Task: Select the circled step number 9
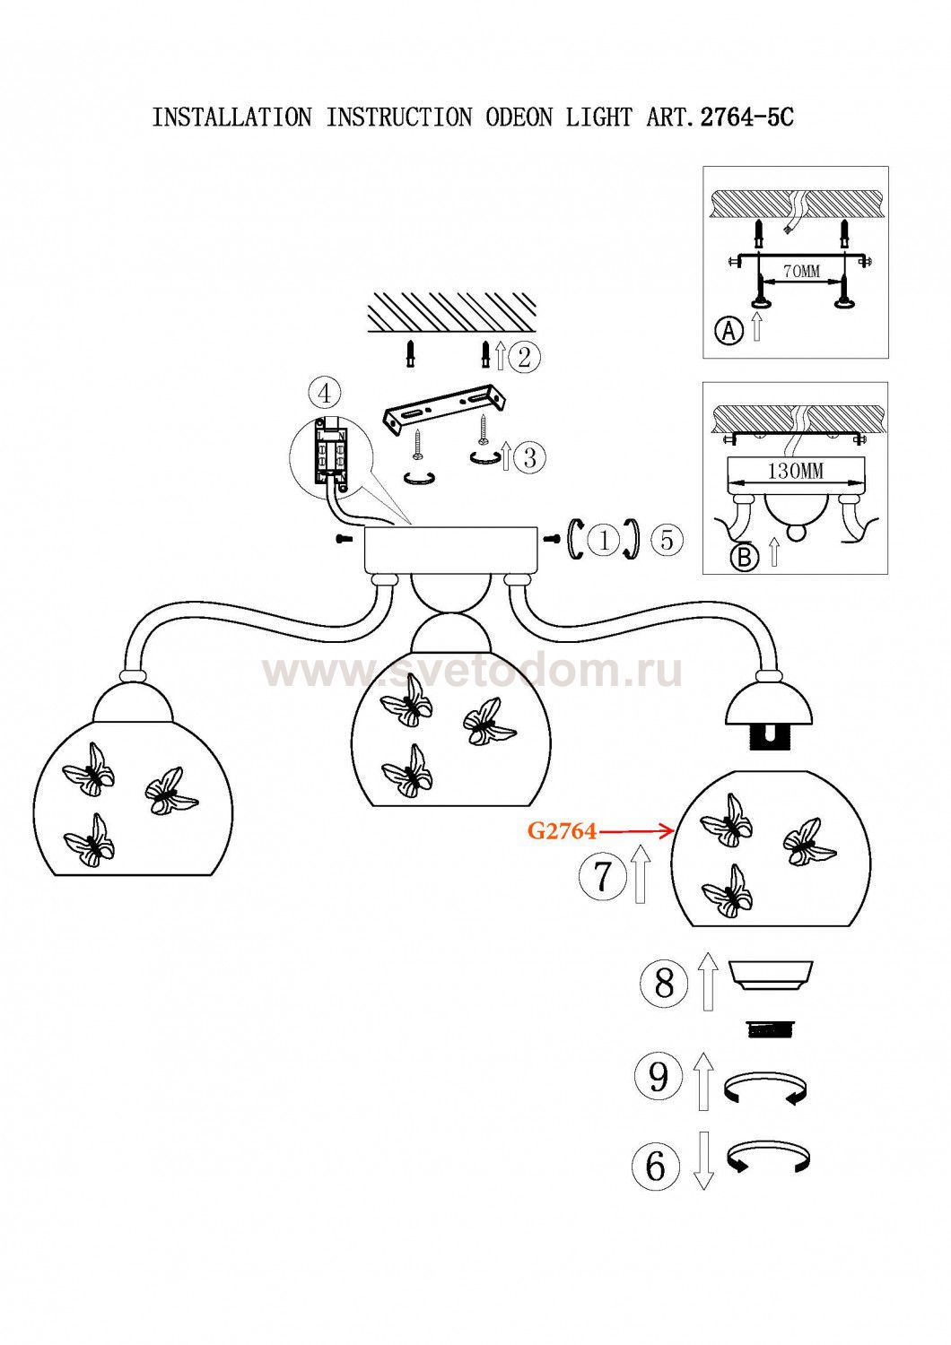point(659,1074)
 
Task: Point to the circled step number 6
point(656,1165)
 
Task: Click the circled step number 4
point(325,394)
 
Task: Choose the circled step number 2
point(524,357)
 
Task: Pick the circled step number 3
point(529,457)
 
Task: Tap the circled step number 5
point(667,540)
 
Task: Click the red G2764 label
point(562,831)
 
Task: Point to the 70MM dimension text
point(801,271)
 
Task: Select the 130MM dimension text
point(795,471)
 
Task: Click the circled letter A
point(729,331)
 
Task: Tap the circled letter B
point(744,557)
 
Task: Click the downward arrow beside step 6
point(703,1160)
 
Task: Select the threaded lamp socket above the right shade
point(770,737)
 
